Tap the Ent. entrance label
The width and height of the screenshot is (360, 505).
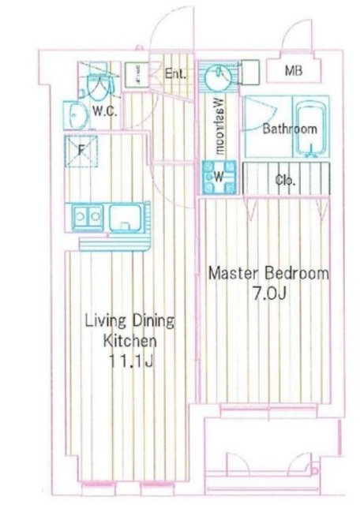pyautogui.click(x=176, y=75)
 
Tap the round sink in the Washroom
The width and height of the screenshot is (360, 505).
pyautogui.click(x=217, y=77)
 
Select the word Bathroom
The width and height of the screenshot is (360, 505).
pyautogui.click(x=290, y=129)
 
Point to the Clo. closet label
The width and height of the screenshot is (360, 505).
pyautogui.click(x=285, y=181)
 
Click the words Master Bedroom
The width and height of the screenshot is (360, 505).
pyautogui.click(x=267, y=274)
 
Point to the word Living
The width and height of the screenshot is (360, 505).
pyautogui.click(x=103, y=322)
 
